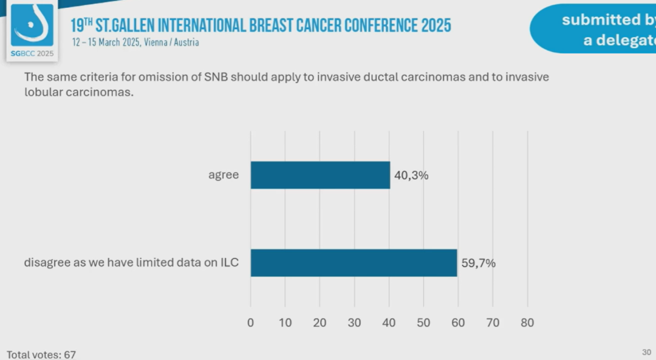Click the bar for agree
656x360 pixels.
[x=320, y=175]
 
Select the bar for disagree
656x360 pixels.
[x=354, y=263]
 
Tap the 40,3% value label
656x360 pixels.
[x=412, y=175]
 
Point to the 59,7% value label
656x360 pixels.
[x=479, y=263]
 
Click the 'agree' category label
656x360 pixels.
[x=224, y=175]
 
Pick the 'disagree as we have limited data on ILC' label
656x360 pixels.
[x=131, y=263]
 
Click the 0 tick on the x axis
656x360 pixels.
[x=250, y=323]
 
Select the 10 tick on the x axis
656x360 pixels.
[x=285, y=323]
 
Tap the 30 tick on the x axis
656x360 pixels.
[x=354, y=323]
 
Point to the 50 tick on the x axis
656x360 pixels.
[x=423, y=323]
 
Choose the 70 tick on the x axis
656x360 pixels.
[x=493, y=323]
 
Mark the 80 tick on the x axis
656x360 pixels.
[x=527, y=323]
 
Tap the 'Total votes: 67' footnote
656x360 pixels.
[x=41, y=354]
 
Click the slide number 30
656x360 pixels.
[x=646, y=352]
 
